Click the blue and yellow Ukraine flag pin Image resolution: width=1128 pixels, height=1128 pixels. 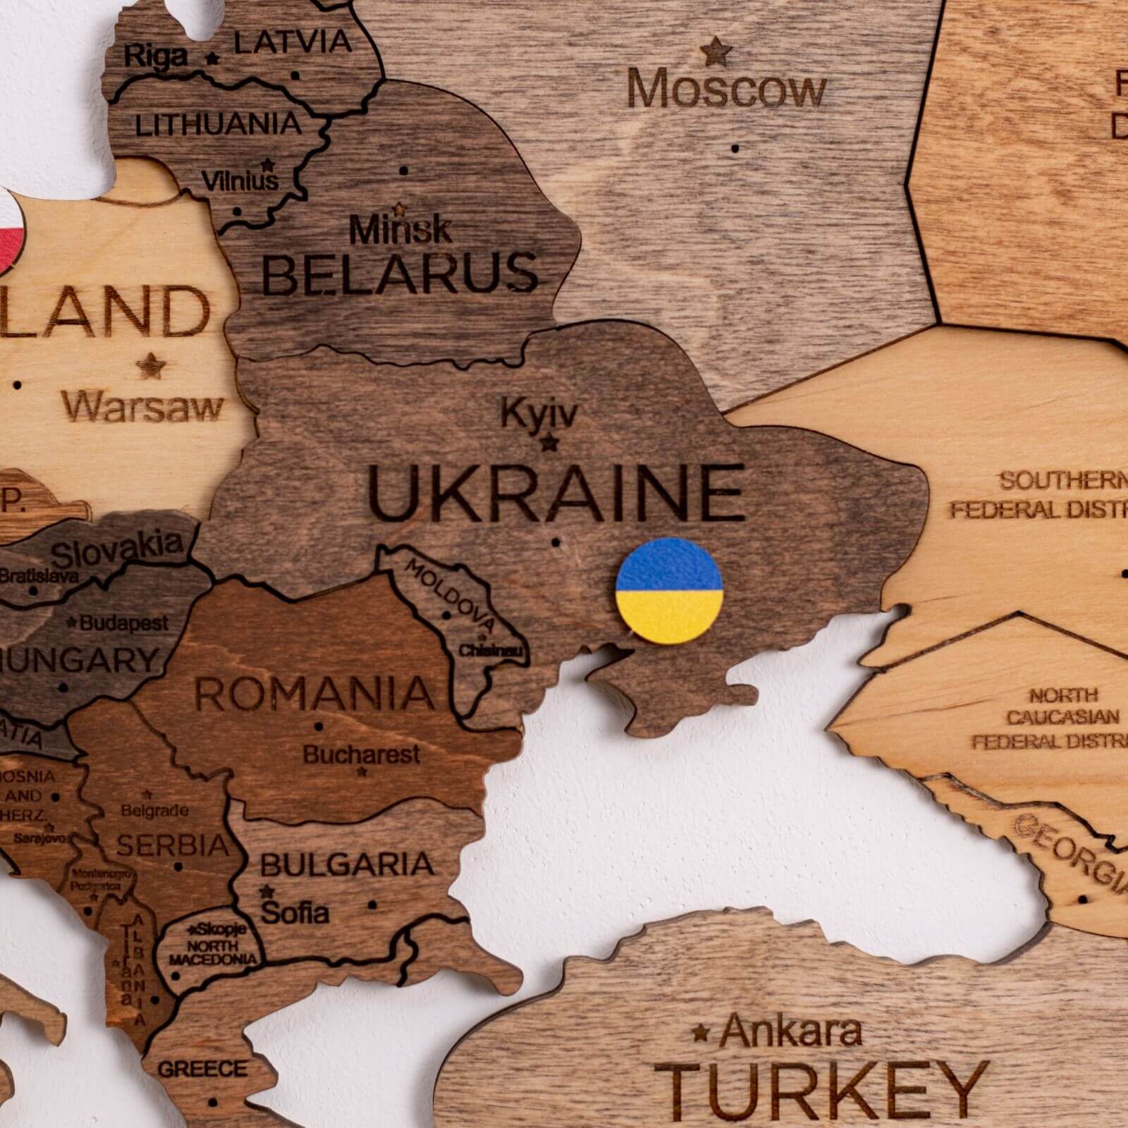point(669,590)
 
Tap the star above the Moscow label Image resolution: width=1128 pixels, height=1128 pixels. point(716,51)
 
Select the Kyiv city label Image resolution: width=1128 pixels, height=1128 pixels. point(539,414)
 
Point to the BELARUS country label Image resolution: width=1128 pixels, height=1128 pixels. point(400,274)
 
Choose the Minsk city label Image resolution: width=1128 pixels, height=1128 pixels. point(400,229)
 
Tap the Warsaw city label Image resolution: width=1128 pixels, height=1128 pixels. point(142,407)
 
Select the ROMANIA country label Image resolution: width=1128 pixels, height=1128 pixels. point(314,693)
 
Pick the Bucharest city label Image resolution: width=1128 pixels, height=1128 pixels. point(362,755)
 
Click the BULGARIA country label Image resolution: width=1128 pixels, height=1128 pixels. point(347,864)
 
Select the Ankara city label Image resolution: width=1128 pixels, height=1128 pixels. point(791,1031)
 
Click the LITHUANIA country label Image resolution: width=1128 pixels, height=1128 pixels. point(219,125)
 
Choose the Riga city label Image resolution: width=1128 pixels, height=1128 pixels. point(156,56)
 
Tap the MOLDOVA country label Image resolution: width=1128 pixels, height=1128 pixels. point(450,596)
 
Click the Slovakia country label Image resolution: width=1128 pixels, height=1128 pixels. point(117,550)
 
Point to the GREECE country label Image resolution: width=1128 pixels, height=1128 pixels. point(202,1069)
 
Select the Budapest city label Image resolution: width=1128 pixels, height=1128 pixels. point(124,623)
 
